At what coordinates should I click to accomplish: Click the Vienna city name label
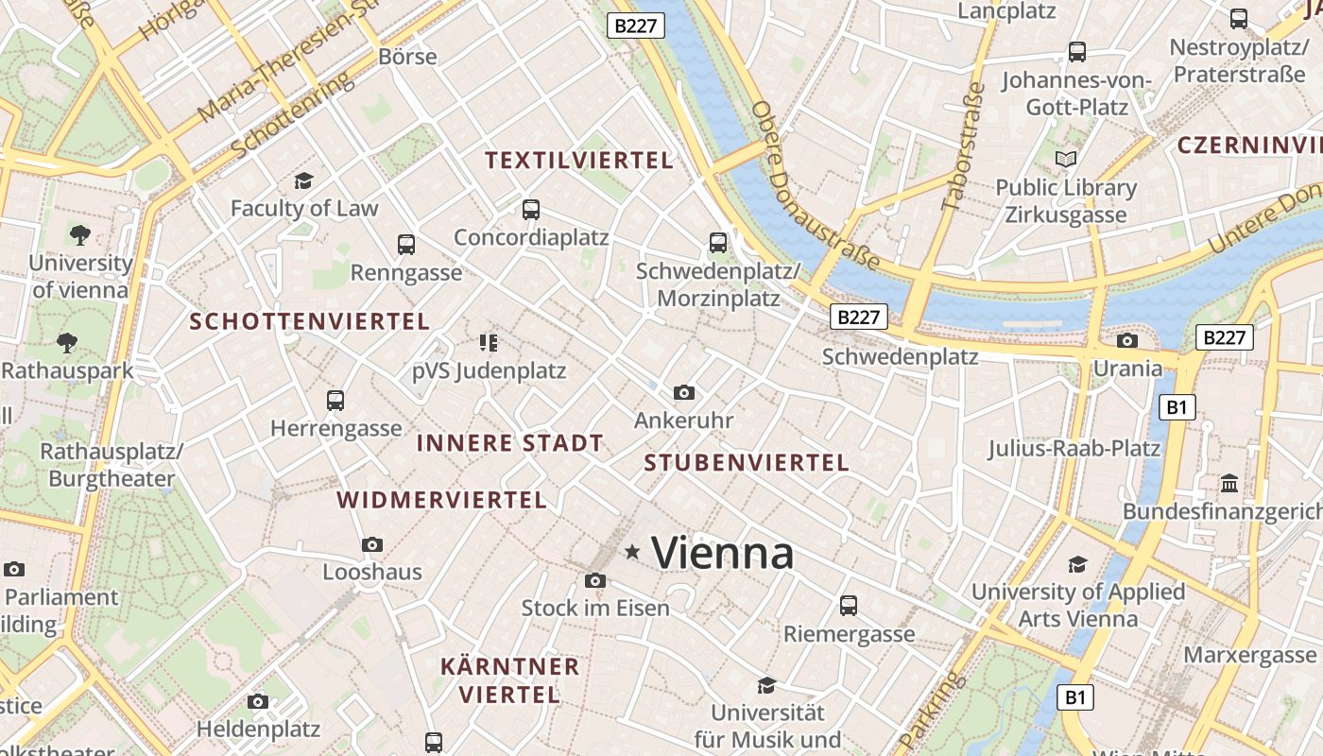pyautogui.click(x=723, y=553)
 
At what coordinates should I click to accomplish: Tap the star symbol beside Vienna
pyautogui.click(x=632, y=551)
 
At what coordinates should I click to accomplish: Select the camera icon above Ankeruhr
pyautogui.click(x=683, y=392)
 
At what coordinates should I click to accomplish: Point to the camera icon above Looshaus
pyautogui.click(x=372, y=544)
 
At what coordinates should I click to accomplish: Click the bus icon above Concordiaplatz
pyautogui.click(x=531, y=210)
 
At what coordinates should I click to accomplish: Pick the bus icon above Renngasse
pyautogui.click(x=406, y=245)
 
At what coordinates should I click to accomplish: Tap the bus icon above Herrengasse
pyautogui.click(x=335, y=400)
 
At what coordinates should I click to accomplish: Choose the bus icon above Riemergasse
pyautogui.click(x=849, y=605)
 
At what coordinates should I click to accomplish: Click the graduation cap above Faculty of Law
pyautogui.click(x=303, y=180)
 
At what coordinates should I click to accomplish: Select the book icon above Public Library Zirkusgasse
pyautogui.click(x=1066, y=160)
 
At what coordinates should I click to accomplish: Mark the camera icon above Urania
pyautogui.click(x=1126, y=340)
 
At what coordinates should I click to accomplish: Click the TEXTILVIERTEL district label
pyautogui.click(x=579, y=161)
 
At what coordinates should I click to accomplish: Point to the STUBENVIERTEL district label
pyautogui.click(x=747, y=463)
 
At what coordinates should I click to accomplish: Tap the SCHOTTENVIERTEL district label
pyautogui.click(x=310, y=321)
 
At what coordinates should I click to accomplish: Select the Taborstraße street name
pyautogui.click(x=963, y=146)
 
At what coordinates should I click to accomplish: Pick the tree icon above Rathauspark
pyautogui.click(x=67, y=343)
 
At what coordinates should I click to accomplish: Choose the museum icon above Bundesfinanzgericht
pyautogui.click(x=1229, y=484)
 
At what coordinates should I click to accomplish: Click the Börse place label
pyautogui.click(x=407, y=57)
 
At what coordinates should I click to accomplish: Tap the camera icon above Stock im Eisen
pyautogui.click(x=594, y=580)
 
